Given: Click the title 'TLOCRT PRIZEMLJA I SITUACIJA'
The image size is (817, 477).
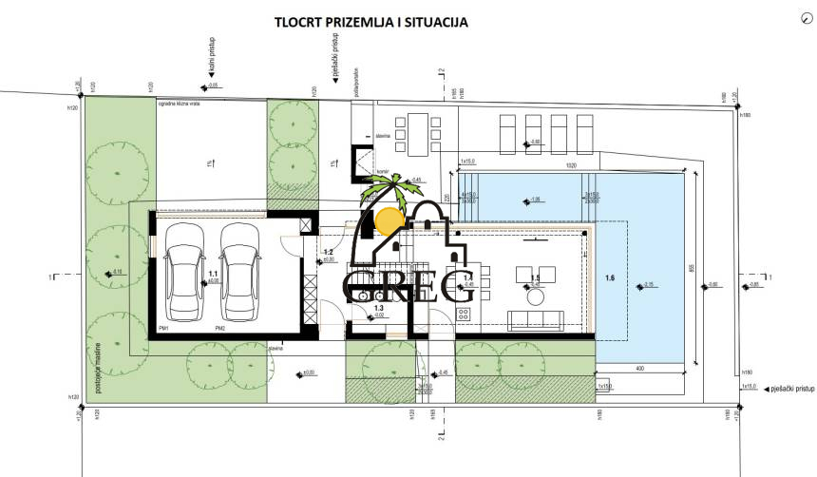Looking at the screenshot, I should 370,20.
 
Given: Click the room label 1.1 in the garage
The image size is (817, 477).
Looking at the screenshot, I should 213,271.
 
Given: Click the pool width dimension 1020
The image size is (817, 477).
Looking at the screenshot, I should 571,164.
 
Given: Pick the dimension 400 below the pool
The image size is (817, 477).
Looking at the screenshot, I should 641,368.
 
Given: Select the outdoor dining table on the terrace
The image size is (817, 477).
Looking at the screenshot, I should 419,134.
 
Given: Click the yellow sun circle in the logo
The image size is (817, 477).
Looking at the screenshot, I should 388,220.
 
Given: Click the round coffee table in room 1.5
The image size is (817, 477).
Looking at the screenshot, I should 535,296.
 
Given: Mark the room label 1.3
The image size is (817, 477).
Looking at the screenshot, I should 378,309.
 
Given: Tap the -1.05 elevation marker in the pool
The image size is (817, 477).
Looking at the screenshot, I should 535,200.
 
